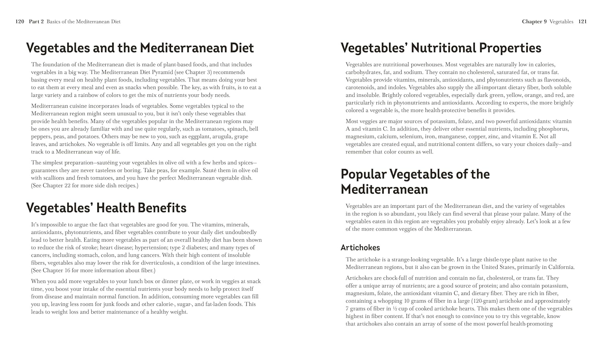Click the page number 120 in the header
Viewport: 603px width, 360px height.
(x=20, y=22)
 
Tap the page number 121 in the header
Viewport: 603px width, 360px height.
(x=582, y=22)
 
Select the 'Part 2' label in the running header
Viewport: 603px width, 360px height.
(x=36, y=22)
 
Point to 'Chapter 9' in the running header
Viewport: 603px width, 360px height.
(x=534, y=22)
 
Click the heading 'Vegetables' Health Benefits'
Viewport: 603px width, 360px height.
(x=106, y=208)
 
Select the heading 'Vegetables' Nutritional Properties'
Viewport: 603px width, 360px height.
(x=441, y=48)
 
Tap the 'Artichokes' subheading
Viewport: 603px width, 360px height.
(x=360, y=247)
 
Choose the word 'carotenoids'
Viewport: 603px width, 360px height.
(x=360, y=88)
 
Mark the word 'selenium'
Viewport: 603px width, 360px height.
(x=410, y=137)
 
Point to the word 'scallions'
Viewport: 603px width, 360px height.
(x=57, y=178)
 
